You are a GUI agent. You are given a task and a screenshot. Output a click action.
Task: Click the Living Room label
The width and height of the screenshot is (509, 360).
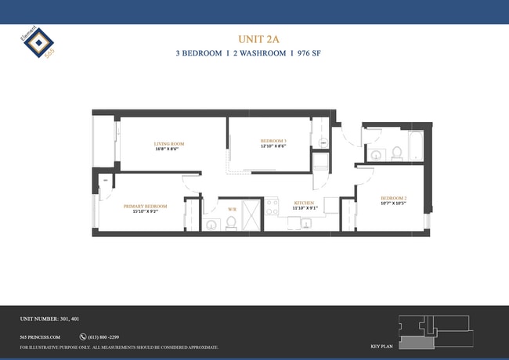point(168,143)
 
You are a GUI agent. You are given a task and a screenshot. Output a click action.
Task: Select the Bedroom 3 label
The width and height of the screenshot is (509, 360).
point(273,141)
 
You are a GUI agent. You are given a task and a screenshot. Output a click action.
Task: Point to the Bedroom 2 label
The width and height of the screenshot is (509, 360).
point(394,198)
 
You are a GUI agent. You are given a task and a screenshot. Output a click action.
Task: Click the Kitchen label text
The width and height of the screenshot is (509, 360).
point(305,203)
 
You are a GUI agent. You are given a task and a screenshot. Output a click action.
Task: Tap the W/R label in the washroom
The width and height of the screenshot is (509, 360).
point(232,209)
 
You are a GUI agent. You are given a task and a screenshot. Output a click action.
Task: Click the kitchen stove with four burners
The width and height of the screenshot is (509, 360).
point(273,207)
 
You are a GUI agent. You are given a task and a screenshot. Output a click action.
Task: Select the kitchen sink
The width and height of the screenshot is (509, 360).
point(305,223)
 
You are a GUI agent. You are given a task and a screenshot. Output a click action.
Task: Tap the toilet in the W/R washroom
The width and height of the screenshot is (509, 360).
point(231,224)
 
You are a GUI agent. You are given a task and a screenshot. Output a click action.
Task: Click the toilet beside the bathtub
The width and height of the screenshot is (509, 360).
point(396,152)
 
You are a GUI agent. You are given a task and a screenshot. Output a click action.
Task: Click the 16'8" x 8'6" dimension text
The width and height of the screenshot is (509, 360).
point(168,149)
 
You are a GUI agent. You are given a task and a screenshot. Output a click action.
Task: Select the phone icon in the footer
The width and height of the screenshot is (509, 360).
point(83,337)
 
